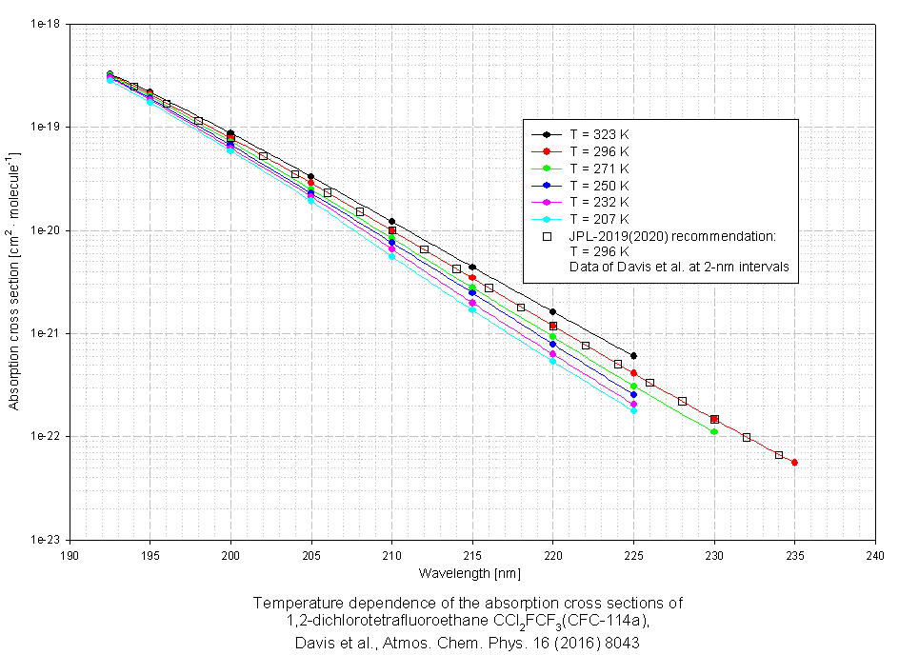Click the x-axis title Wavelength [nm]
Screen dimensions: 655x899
pos(467,573)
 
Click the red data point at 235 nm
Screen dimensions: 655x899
pos(794,463)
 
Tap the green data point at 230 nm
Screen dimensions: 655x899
pos(714,432)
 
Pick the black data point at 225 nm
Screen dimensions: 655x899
pos(633,356)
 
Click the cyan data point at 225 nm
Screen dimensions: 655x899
pos(633,410)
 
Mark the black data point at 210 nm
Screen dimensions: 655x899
pos(391,221)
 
